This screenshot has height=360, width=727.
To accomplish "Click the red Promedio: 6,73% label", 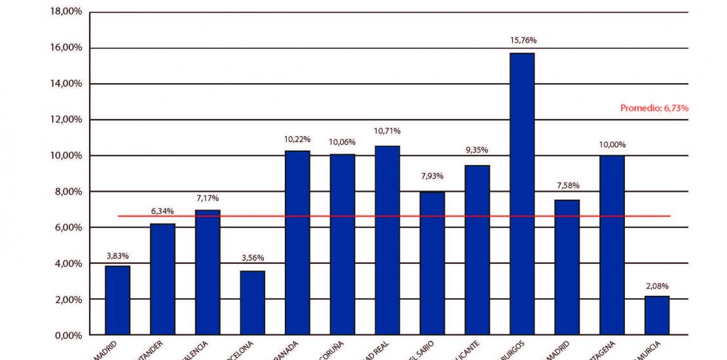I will coord(654,108).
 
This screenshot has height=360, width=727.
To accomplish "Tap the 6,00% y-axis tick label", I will coord(65,227).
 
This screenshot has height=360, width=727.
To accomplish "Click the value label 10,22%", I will coord(297,139).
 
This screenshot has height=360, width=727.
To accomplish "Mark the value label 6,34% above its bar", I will coord(162,211).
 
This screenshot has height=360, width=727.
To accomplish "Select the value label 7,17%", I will coord(207,198).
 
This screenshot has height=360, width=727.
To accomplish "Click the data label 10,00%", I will coord(612,144).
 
